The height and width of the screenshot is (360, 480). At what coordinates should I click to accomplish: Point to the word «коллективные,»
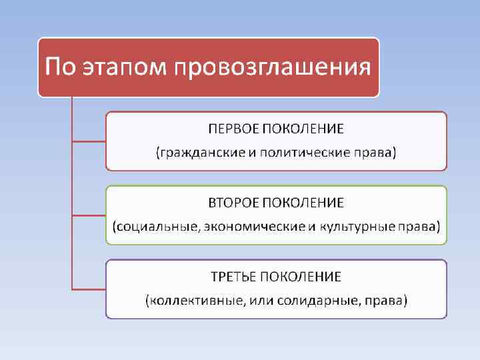click(195, 301)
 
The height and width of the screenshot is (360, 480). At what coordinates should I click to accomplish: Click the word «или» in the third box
click(262, 301)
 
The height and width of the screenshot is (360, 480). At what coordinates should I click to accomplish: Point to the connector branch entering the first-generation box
click(88, 141)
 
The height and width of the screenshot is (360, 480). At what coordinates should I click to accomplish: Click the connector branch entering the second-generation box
click(88, 215)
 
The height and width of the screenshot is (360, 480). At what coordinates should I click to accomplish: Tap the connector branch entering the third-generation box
click(88, 289)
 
